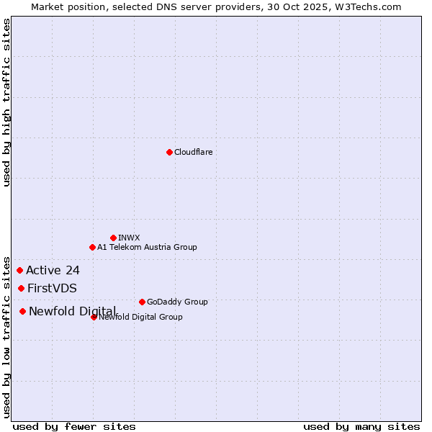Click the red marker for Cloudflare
[x=169, y=152]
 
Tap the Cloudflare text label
[x=194, y=152]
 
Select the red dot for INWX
[x=113, y=238]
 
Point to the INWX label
[x=129, y=238]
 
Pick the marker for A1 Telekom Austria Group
[x=92, y=247]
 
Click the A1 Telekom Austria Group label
[x=147, y=247]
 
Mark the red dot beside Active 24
[x=19, y=270]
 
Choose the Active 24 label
[x=53, y=271]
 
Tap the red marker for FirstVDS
[x=21, y=288]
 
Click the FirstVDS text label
[x=52, y=289]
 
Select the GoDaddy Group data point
[x=142, y=302]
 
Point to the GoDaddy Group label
[x=177, y=302]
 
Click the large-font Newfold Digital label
[x=72, y=311]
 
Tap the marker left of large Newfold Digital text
[x=22, y=311]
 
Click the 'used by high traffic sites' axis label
[x=6, y=102]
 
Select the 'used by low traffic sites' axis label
[x=6, y=336]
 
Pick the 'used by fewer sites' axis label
[x=74, y=427]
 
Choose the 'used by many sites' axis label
[x=361, y=427]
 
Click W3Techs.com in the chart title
[x=365, y=6]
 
